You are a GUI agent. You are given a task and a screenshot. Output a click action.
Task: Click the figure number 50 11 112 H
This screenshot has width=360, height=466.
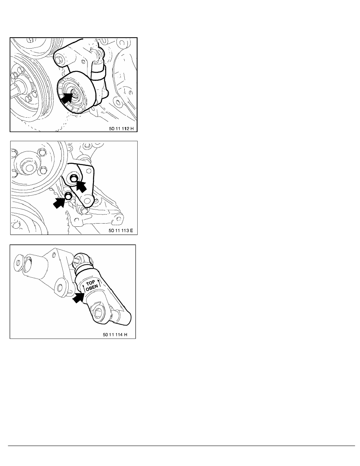pos(121,129)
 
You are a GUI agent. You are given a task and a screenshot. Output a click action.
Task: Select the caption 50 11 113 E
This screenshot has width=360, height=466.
pos(121,230)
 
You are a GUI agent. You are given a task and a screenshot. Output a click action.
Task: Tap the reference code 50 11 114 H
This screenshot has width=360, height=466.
pos(115,334)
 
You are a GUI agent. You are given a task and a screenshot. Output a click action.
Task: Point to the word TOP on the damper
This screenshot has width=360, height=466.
pos(90,283)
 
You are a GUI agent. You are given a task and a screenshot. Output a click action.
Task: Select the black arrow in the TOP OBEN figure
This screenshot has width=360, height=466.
pos(78,297)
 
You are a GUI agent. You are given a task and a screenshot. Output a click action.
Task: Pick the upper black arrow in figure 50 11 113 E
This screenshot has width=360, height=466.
pos(82,186)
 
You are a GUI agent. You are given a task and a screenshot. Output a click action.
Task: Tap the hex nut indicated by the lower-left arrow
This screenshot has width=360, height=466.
pos(68,196)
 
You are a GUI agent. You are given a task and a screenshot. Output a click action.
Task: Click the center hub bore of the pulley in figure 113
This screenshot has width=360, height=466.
pos(29,168)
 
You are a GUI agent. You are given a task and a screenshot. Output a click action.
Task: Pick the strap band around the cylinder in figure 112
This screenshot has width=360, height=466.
pos(98,73)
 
